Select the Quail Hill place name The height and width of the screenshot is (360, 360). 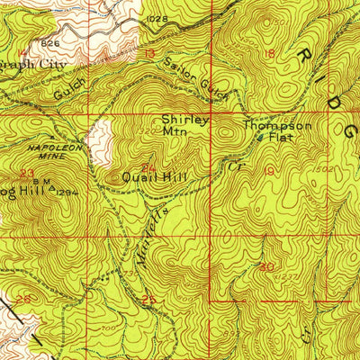(x=155, y=178)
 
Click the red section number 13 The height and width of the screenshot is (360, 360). (x=149, y=54)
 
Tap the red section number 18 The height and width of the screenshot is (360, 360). (x=269, y=55)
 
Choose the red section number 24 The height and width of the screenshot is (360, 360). (x=148, y=167)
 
